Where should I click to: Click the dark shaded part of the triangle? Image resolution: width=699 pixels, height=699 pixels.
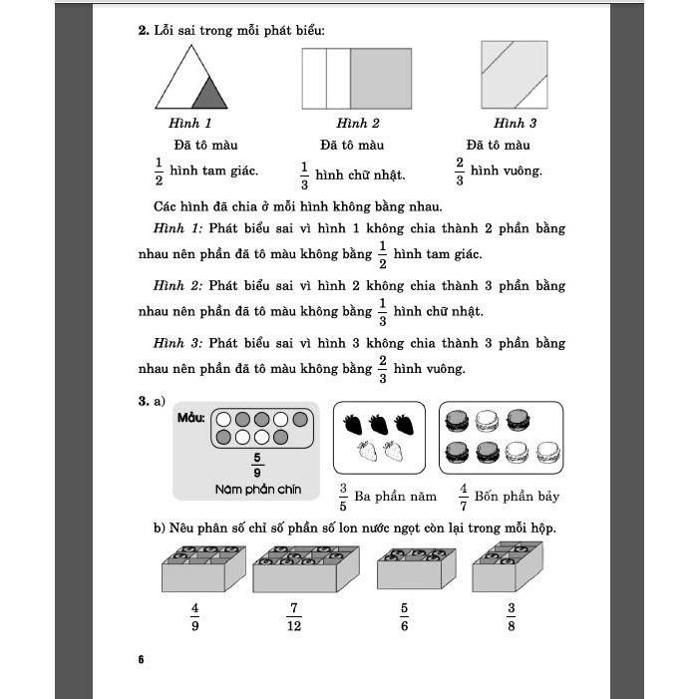[x=207, y=95]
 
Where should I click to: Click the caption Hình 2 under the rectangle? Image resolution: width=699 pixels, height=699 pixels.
[x=357, y=124]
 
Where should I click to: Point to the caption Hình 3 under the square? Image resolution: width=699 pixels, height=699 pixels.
[x=515, y=124]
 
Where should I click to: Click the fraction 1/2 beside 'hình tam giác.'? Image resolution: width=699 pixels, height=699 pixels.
[x=158, y=172]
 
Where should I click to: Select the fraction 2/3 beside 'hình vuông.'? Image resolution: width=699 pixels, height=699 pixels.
[x=460, y=172]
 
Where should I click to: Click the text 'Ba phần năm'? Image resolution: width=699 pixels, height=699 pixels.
[x=396, y=496]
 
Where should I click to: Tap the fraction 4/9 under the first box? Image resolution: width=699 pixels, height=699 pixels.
[x=194, y=616]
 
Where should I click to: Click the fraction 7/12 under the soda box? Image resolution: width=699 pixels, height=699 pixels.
[x=293, y=616]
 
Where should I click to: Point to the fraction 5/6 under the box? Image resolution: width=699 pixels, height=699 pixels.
[x=404, y=616]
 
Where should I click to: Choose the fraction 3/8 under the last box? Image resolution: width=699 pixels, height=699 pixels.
[x=511, y=616]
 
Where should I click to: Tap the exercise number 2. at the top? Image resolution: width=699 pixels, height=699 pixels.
[x=143, y=31]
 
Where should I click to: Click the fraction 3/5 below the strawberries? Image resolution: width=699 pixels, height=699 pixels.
[x=342, y=496]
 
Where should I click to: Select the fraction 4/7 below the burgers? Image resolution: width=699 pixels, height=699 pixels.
[x=464, y=496]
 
